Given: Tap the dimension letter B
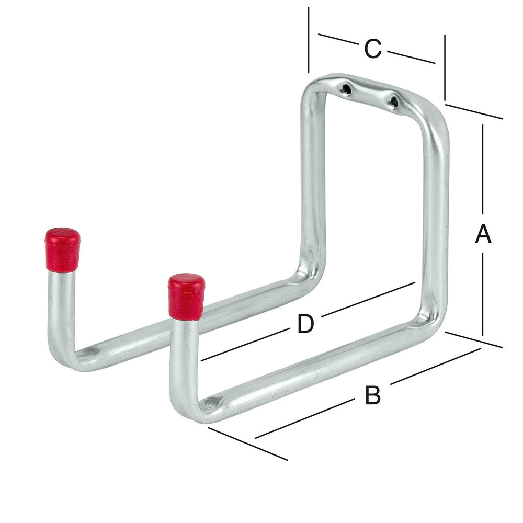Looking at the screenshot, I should pos(372,395).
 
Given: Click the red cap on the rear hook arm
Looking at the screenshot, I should pos(62,249).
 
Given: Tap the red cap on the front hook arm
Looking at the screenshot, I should pos(186,296).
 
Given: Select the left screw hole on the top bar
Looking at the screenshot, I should pos(346,89).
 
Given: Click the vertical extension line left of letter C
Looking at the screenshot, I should pos(309,40).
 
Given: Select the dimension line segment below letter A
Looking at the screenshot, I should pos(483,293).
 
